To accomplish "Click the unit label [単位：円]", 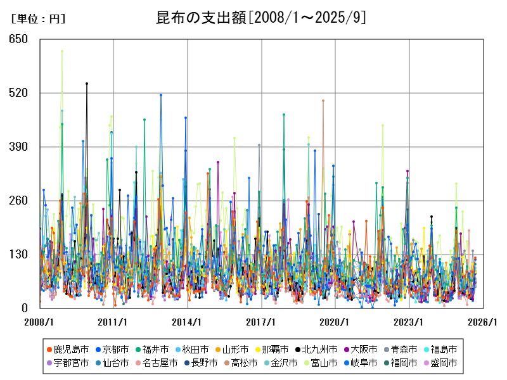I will coord(38,19).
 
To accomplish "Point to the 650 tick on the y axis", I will coord(18,39).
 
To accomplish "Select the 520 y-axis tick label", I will coord(18,93).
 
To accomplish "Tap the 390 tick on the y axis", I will coord(18,147).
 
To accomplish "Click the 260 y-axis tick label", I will coord(18,201).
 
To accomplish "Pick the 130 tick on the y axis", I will coord(18,255).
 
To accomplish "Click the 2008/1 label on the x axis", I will coord(39,322).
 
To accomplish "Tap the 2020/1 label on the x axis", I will coord(335,322).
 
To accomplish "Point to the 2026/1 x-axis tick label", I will coord(483,322).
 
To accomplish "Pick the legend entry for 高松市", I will coord(240,363).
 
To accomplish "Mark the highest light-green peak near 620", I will coord(61,51).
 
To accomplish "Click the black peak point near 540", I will coord(87,84).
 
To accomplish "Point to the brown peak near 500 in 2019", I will coord(323,100).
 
